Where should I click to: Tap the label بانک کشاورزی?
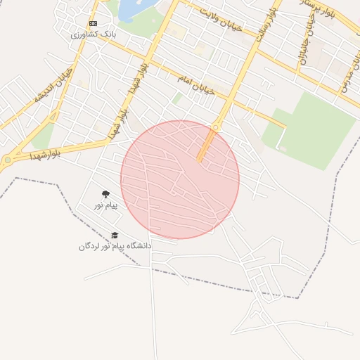point(94,33)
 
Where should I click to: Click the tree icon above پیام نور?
point(106,194)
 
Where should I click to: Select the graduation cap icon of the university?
point(115,236)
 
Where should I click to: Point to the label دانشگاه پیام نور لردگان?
point(115,246)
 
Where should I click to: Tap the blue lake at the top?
point(130,10)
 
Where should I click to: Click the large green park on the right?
point(314,129)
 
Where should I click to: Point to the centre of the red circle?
point(180,179)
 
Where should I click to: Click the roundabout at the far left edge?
point(8,160)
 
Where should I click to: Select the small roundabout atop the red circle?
point(215,127)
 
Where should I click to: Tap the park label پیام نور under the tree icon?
point(107,205)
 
